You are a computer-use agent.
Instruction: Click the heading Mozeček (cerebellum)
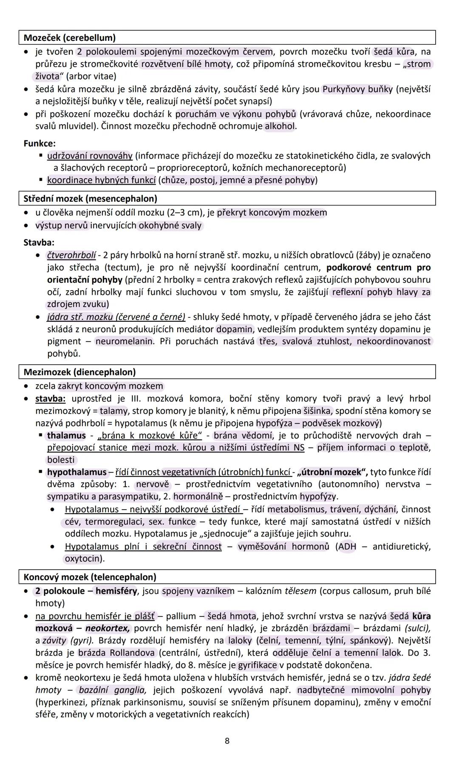tap(70, 38)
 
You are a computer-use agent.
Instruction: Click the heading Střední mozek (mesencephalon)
tap(90, 199)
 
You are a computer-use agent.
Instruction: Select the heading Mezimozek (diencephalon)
tap(79, 372)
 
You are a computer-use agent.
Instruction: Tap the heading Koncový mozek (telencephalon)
tap(90, 577)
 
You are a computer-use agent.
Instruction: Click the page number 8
tap(227, 741)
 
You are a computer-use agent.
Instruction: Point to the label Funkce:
tap(40, 144)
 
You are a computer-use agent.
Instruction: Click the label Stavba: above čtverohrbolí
tap(39, 243)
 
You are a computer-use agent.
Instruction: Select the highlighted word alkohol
tap(279, 126)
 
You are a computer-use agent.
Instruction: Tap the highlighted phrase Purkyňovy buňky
tap(357, 89)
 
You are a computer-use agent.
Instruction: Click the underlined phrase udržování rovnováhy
tap(90, 156)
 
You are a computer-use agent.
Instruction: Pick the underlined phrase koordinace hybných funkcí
tap(101, 180)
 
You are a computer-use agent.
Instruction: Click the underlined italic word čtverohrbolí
tap(71, 255)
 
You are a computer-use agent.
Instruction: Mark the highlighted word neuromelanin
tap(125, 341)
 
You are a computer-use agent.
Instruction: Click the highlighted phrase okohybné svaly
tap(170, 226)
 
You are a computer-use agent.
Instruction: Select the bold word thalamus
tap(66, 436)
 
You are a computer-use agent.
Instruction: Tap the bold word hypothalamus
tap(76, 472)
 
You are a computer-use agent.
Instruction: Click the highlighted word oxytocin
tap(83, 559)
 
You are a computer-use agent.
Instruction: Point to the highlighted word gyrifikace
tap(257, 665)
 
